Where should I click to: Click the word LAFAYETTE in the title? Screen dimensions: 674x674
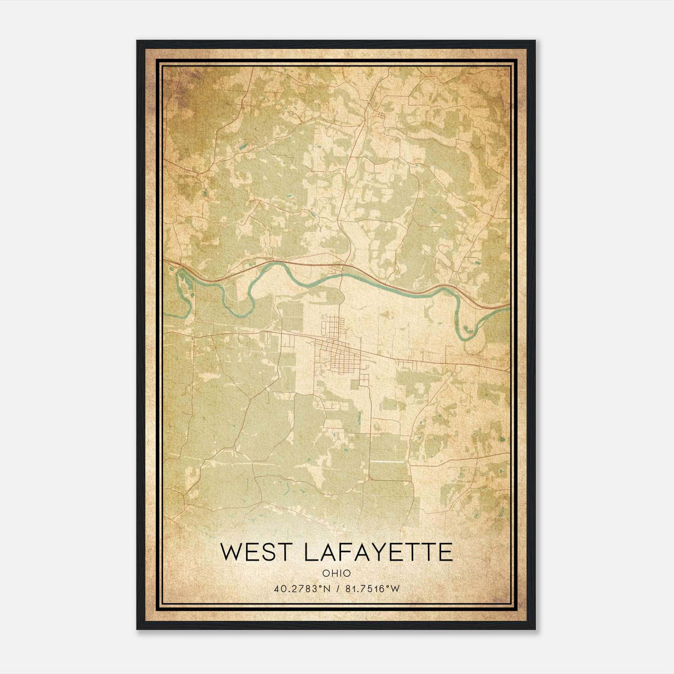pyautogui.click(x=377, y=552)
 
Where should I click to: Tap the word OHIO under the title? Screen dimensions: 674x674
pyautogui.click(x=336, y=573)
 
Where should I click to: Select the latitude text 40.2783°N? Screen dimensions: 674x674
pyautogui.click(x=301, y=589)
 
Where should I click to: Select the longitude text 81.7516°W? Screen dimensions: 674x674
pyautogui.click(x=372, y=589)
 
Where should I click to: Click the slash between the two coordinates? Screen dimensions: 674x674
pyautogui.click(x=337, y=589)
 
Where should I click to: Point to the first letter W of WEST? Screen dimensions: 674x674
pyautogui.click(x=230, y=552)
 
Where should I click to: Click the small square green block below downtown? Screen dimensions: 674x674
pyautogui.click(x=355, y=384)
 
